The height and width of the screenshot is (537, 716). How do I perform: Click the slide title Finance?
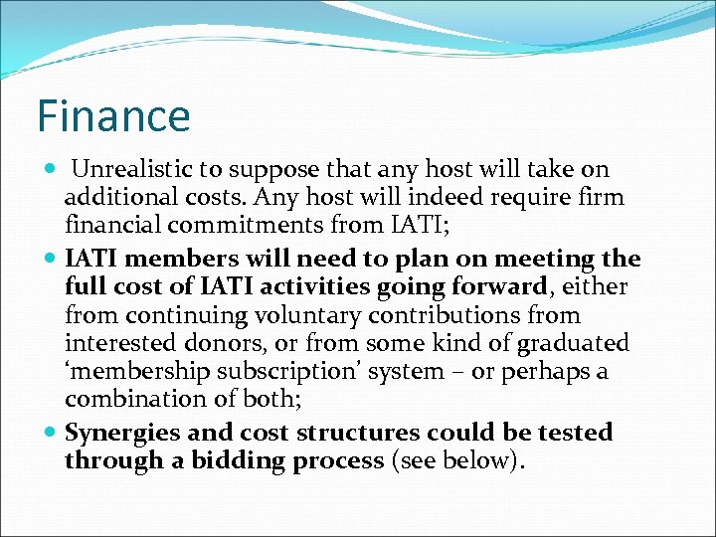113,115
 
